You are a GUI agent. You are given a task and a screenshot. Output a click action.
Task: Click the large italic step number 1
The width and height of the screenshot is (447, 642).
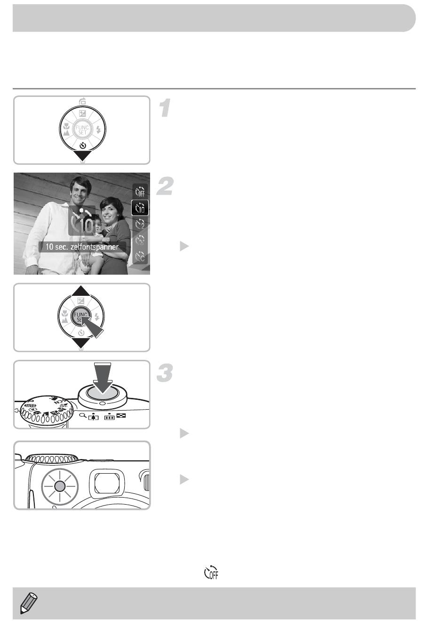tap(165, 108)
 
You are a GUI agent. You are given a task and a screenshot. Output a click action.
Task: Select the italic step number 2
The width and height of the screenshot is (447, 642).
tap(165, 186)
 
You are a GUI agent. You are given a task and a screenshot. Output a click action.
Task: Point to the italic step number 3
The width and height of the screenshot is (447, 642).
tap(165, 373)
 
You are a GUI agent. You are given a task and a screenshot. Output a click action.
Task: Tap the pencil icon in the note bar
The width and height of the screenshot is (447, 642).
tap(29, 603)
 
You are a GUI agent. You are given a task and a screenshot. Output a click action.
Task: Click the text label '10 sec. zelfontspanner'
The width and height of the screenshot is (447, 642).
tap(82, 247)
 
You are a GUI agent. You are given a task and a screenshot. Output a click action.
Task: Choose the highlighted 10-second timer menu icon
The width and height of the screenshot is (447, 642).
tap(140, 207)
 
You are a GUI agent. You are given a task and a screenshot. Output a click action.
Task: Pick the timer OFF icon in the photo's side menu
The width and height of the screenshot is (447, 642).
tap(140, 191)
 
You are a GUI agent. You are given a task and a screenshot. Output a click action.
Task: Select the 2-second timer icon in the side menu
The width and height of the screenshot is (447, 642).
tap(140, 224)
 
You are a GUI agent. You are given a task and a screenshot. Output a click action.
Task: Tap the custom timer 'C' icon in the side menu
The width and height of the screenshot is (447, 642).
tap(140, 256)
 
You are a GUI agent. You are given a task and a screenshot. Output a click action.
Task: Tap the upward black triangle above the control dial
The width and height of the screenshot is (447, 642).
tap(81, 291)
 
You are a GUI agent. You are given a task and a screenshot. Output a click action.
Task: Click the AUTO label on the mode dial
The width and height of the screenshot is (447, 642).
tap(30, 405)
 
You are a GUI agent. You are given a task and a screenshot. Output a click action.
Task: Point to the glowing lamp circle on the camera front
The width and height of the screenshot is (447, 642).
tap(60, 486)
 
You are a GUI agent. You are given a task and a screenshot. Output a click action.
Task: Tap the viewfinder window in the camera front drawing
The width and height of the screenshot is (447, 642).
tap(107, 483)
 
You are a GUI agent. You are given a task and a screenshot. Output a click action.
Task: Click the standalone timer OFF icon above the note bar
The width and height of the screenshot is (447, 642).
tap(211, 572)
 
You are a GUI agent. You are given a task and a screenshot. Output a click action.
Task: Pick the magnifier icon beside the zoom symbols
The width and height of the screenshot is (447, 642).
tap(82, 415)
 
